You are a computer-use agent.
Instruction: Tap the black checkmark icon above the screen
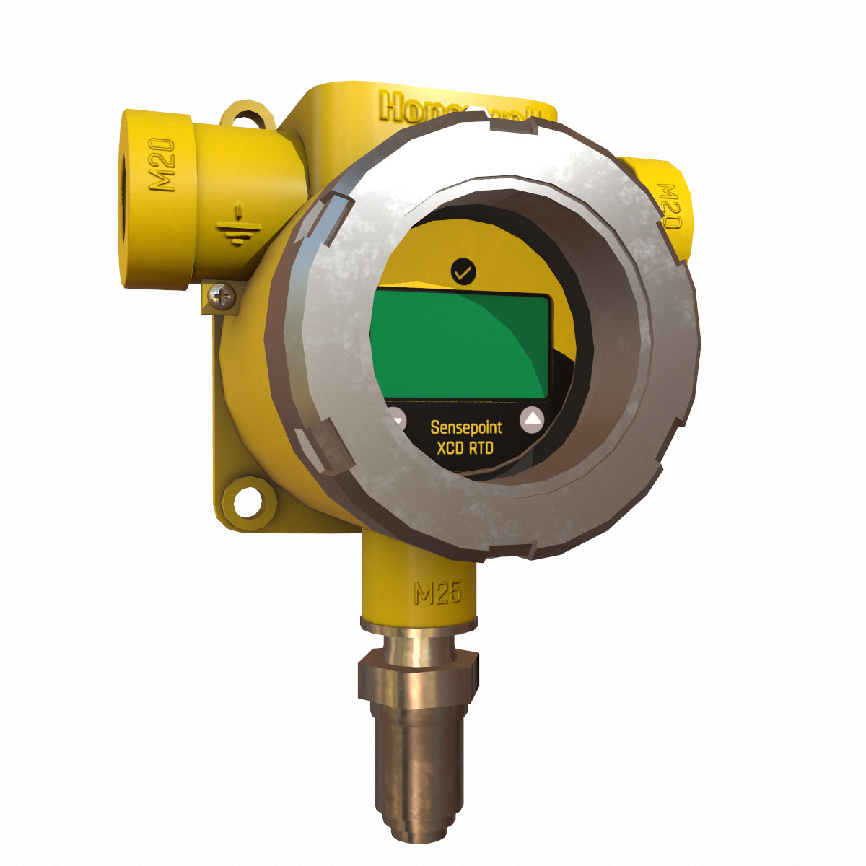tap(463, 271)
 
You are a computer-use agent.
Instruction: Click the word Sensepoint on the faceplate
tap(465, 427)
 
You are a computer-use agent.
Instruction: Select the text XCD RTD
tap(465, 448)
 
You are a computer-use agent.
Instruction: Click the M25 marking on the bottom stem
tap(437, 593)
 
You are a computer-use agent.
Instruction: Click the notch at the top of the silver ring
tap(514, 128)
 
